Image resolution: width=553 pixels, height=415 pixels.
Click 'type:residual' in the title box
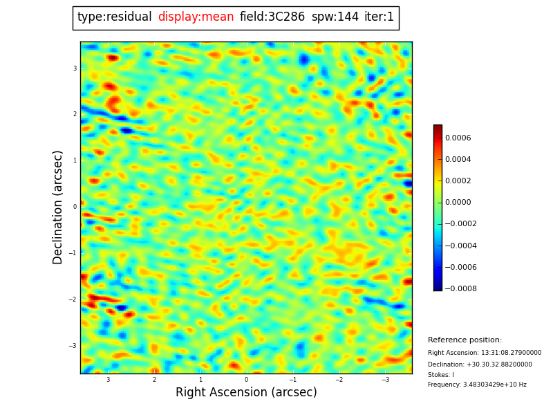pos(115,17)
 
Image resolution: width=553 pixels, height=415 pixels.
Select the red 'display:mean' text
pos(196,17)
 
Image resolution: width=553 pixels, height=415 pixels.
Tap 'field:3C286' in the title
pos(272,17)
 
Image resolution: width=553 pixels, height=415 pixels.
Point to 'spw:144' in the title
pos(335,17)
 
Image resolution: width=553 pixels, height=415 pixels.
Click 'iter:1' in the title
pos(379,17)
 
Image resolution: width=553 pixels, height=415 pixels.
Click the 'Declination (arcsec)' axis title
pos(58,207)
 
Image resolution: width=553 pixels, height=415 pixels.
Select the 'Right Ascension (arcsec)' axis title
pos(246,392)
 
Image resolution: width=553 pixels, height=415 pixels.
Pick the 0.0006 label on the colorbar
pos(458,138)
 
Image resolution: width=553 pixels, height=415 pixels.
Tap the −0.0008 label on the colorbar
pos(460,288)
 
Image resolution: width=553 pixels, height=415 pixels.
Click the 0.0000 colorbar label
pos(458,202)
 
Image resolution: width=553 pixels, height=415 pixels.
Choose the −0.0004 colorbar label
pos(460,246)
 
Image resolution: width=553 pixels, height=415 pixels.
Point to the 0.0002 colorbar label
pos(458,181)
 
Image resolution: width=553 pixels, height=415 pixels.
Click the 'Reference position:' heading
pos(465,340)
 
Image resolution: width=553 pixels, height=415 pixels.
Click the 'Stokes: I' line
pos(441,375)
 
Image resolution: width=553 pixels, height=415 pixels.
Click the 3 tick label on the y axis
pos(75,68)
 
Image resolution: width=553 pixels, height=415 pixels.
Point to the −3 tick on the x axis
pos(385,380)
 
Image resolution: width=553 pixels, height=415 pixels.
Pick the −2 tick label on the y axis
pos(74,299)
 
